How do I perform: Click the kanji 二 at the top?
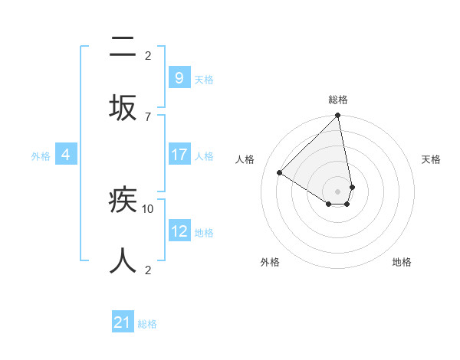[123, 48]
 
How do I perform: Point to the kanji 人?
[123, 261]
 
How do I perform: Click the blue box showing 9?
[179, 77]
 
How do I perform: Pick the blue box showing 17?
[179, 155]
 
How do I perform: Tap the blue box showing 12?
[179, 231]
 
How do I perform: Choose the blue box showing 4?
[66, 155]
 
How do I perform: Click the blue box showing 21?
[123, 322]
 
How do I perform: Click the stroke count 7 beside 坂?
[148, 116]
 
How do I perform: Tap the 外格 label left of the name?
[41, 155]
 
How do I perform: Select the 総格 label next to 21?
[147, 324]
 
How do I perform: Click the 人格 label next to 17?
[204, 155]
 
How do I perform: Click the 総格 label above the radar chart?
[338, 100]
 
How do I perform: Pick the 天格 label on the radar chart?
[432, 159]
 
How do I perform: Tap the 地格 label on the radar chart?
[402, 262]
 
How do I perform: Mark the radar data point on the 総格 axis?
[338, 116]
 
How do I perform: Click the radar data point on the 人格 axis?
[280, 172]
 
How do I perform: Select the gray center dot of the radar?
[338, 191]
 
